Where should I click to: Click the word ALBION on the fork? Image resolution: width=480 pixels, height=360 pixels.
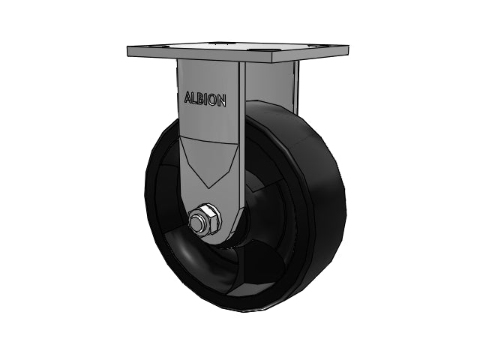(x=205, y=99)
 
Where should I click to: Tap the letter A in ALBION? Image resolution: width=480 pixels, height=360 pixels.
(x=187, y=97)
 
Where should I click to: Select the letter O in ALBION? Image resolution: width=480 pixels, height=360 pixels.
(x=214, y=100)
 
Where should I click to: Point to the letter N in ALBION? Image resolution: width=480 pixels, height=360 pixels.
(x=222, y=100)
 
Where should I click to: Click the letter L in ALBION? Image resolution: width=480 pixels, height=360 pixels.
(x=195, y=98)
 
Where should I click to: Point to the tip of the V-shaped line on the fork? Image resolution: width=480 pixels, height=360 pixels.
(x=208, y=188)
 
